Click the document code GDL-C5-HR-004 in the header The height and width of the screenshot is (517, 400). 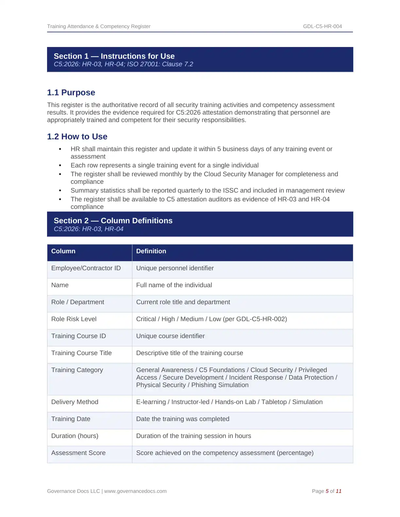pyautogui.click(x=322, y=26)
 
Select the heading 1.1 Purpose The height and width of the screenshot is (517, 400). pyautogui.click(x=71, y=93)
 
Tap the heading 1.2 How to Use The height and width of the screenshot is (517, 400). pyautogui.click(x=77, y=137)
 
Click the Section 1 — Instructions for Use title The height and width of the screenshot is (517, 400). pyautogui.click(x=114, y=56)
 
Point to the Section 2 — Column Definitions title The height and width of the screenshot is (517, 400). pyautogui.click(x=113, y=221)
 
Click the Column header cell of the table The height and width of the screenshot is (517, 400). pyautogui.click(x=63, y=251)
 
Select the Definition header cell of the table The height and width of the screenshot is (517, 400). pyautogui.click(x=151, y=251)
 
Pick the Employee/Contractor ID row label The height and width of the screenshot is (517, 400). pyautogui.click(x=86, y=268)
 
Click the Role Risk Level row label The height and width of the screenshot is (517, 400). pyautogui.click(x=74, y=319)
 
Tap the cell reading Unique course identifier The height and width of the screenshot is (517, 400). pyautogui.click(x=170, y=336)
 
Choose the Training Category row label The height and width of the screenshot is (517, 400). pyautogui.click(x=77, y=370)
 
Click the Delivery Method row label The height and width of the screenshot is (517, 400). pyautogui.click(x=75, y=402)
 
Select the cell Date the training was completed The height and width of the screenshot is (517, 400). pyautogui.click(x=183, y=419)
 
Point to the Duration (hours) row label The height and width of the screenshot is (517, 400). pyautogui.click(x=75, y=436)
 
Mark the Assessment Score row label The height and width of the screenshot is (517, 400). pyautogui.click(x=78, y=453)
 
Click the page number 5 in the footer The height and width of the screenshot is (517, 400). pyautogui.click(x=327, y=491)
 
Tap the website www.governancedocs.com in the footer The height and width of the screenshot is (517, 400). pyautogui.click(x=135, y=491)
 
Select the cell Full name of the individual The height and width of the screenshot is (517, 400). pyautogui.click(x=174, y=285)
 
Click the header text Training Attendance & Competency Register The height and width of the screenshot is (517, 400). pyautogui.click(x=99, y=26)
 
